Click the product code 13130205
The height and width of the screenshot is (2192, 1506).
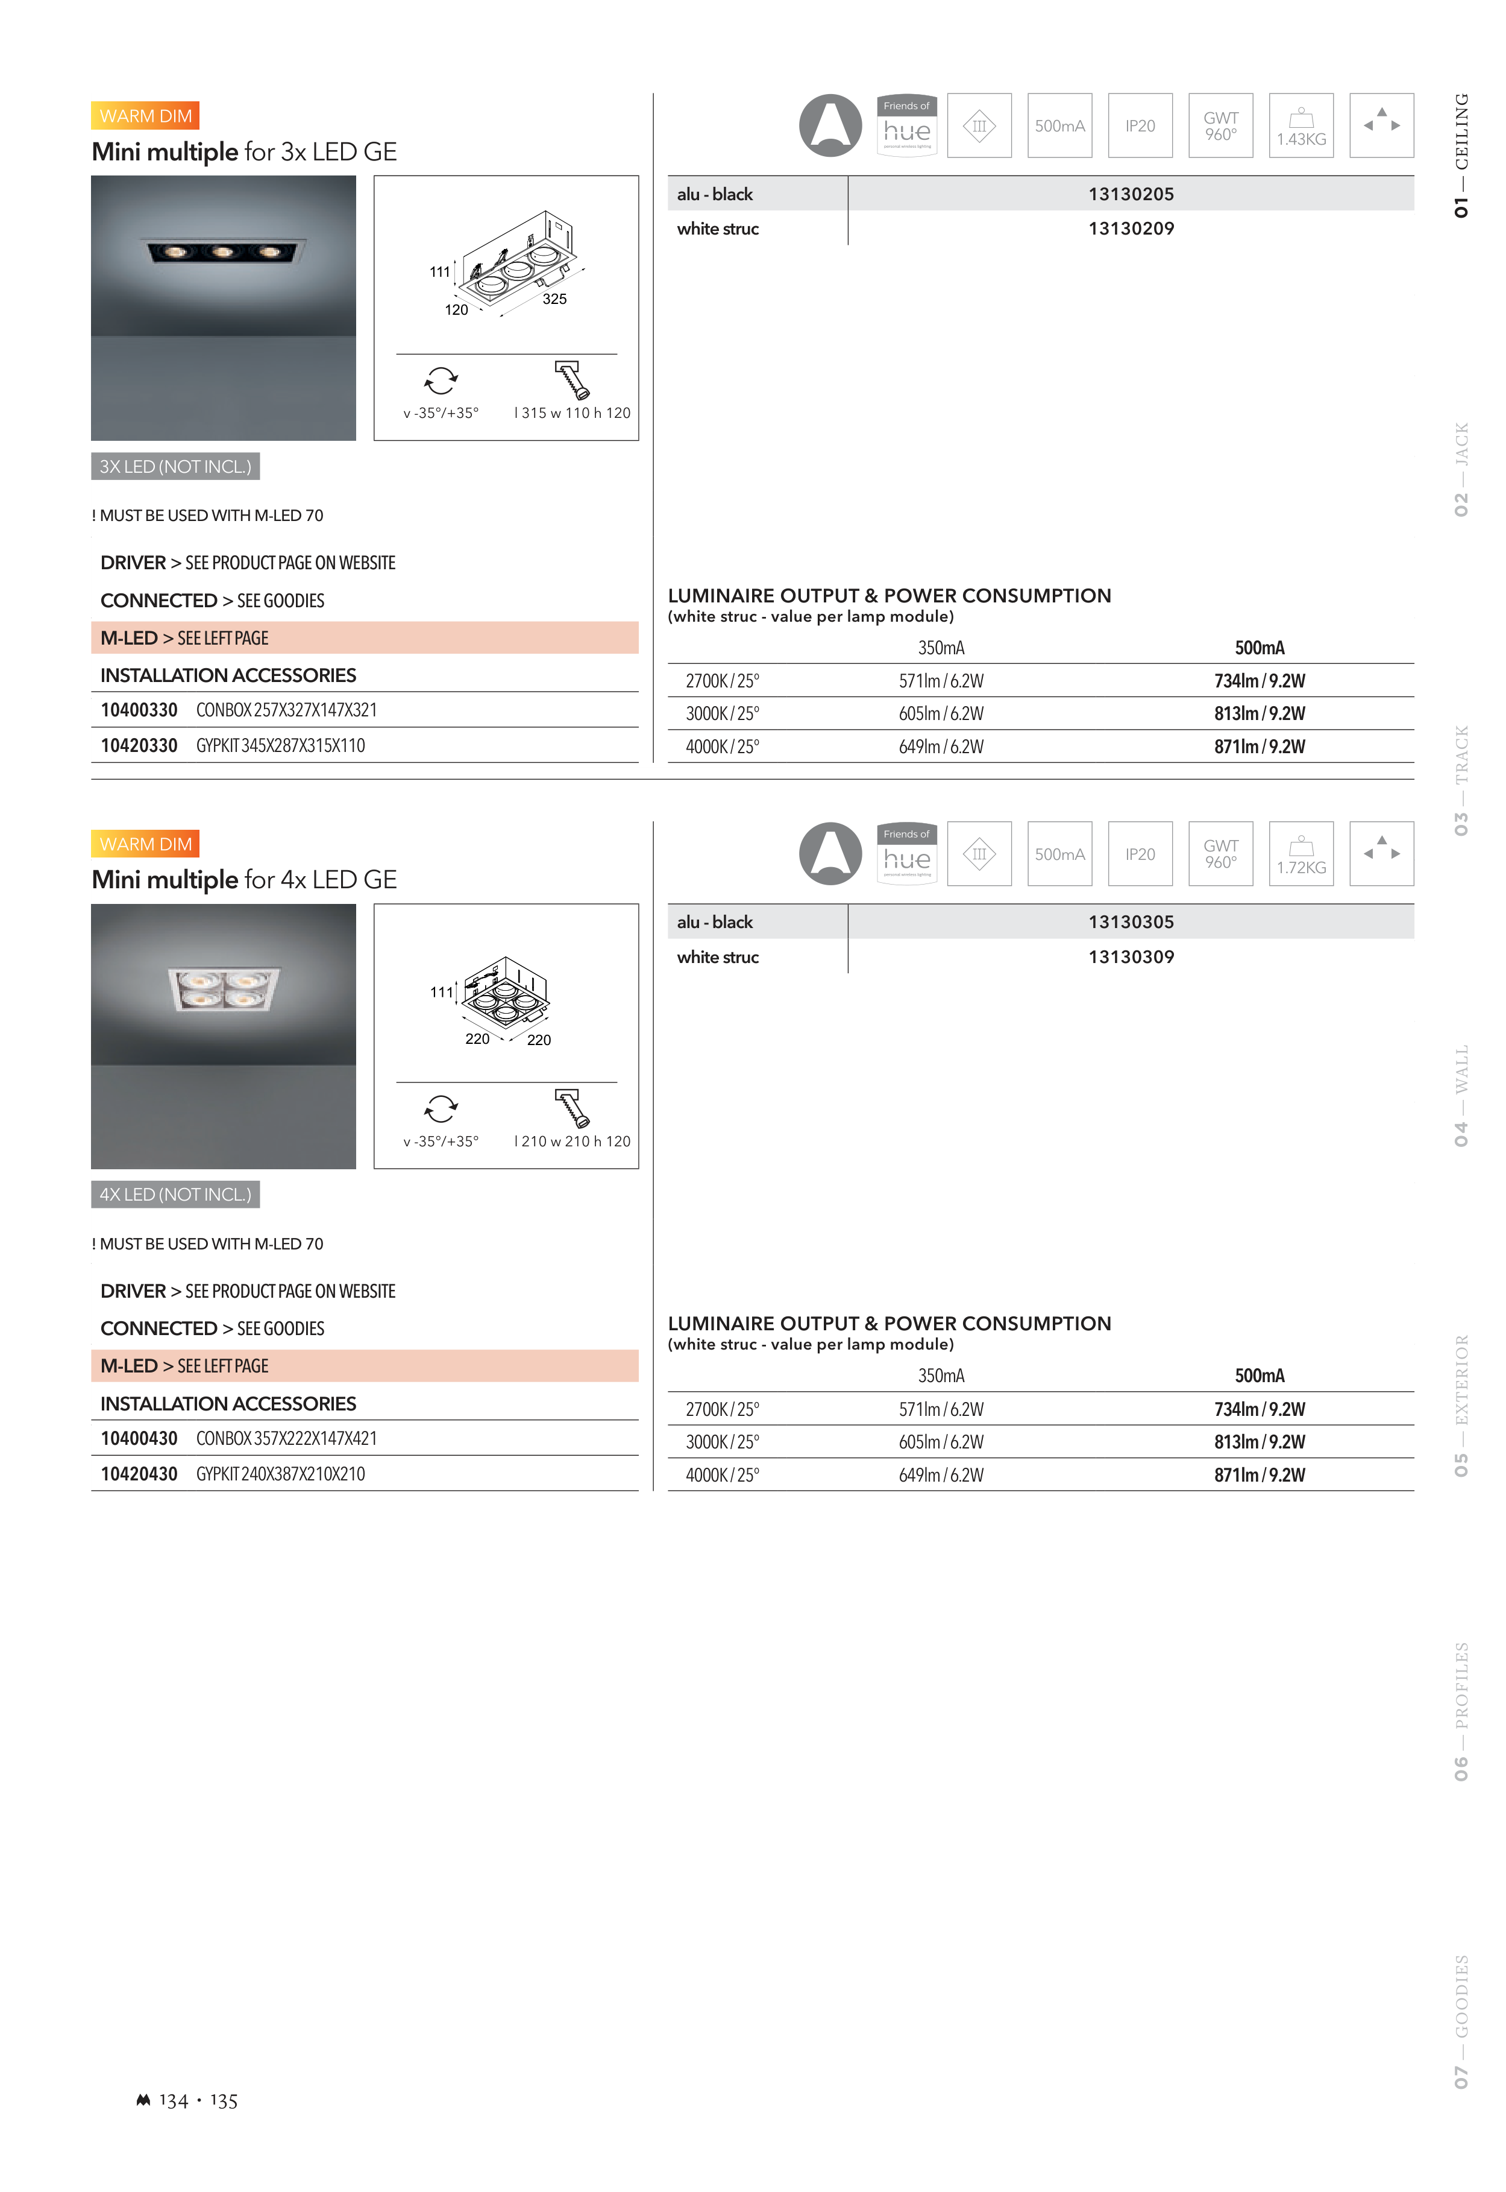(x=1131, y=194)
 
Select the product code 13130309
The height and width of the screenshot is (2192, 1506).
(x=1131, y=957)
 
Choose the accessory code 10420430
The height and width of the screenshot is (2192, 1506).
(x=139, y=1474)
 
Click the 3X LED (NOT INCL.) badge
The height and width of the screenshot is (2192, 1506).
(x=175, y=466)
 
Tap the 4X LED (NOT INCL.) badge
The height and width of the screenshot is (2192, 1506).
(x=175, y=1195)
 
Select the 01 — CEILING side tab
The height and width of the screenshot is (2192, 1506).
(x=1461, y=156)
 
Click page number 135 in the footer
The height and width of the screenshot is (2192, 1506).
(x=224, y=2102)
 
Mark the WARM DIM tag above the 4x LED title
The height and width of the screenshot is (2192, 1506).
(x=145, y=844)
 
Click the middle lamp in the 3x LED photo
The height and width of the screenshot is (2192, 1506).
(x=223, y=252)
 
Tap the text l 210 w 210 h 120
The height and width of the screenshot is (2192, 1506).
(x=572, y=1142)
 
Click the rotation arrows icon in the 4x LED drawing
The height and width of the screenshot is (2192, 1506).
(x=441, y=1108)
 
